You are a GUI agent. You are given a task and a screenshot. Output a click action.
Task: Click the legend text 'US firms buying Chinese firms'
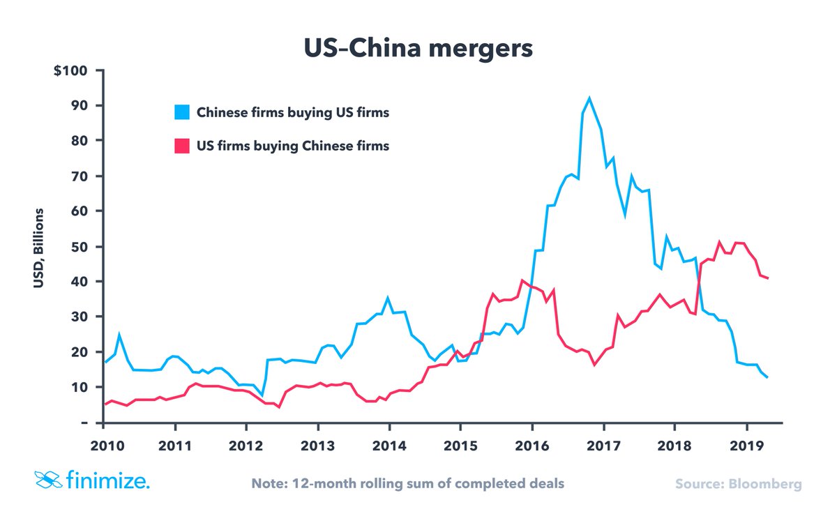(293, 146)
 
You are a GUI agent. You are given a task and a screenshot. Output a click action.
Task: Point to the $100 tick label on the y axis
(70, 70)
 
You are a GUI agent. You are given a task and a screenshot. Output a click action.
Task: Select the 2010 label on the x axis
(103, 444)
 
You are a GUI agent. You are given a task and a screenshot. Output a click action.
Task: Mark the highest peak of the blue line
(589, 98)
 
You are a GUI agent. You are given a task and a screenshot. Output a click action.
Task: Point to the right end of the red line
(768, 278)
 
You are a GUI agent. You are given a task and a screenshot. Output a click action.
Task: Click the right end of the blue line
(768, 377)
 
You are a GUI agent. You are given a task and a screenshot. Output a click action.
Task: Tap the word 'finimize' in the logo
(108, 480)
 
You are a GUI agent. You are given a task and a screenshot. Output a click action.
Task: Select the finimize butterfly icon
(48, 480)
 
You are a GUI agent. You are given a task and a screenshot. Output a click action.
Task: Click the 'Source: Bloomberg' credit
(739, 483)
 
